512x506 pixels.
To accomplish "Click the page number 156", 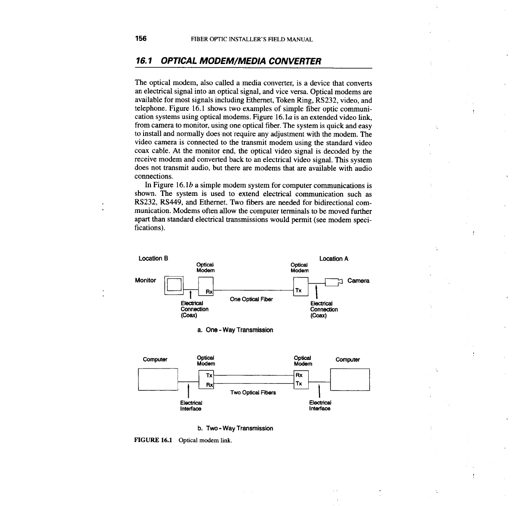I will (x=141, y=39).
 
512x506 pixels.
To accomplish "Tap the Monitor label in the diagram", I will (x=145, y=280).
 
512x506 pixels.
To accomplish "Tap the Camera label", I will (x=358, y=281).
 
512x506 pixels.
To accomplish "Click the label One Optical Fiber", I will (x=251, y=299).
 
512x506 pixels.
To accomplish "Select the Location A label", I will (x=334, y=259).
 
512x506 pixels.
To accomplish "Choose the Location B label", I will (x=153, y=259).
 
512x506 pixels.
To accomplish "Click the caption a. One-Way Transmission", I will (x=235, y=330).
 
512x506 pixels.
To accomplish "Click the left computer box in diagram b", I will (x=158, y=379).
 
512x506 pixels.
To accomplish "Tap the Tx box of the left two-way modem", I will (x=209, y=375).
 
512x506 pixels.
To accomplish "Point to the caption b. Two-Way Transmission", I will (x=235, y=428).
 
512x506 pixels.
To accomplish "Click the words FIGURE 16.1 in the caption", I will (x=153, y=440).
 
